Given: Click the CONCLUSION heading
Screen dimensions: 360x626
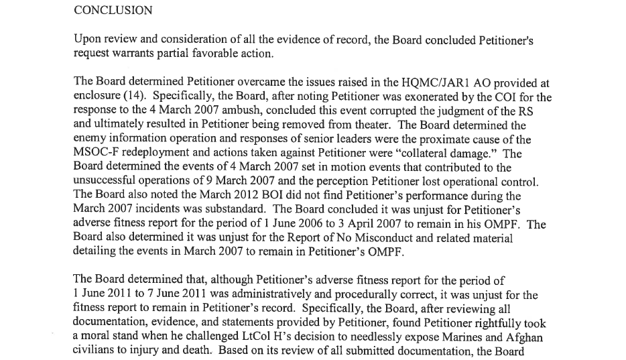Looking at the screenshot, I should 113,11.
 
